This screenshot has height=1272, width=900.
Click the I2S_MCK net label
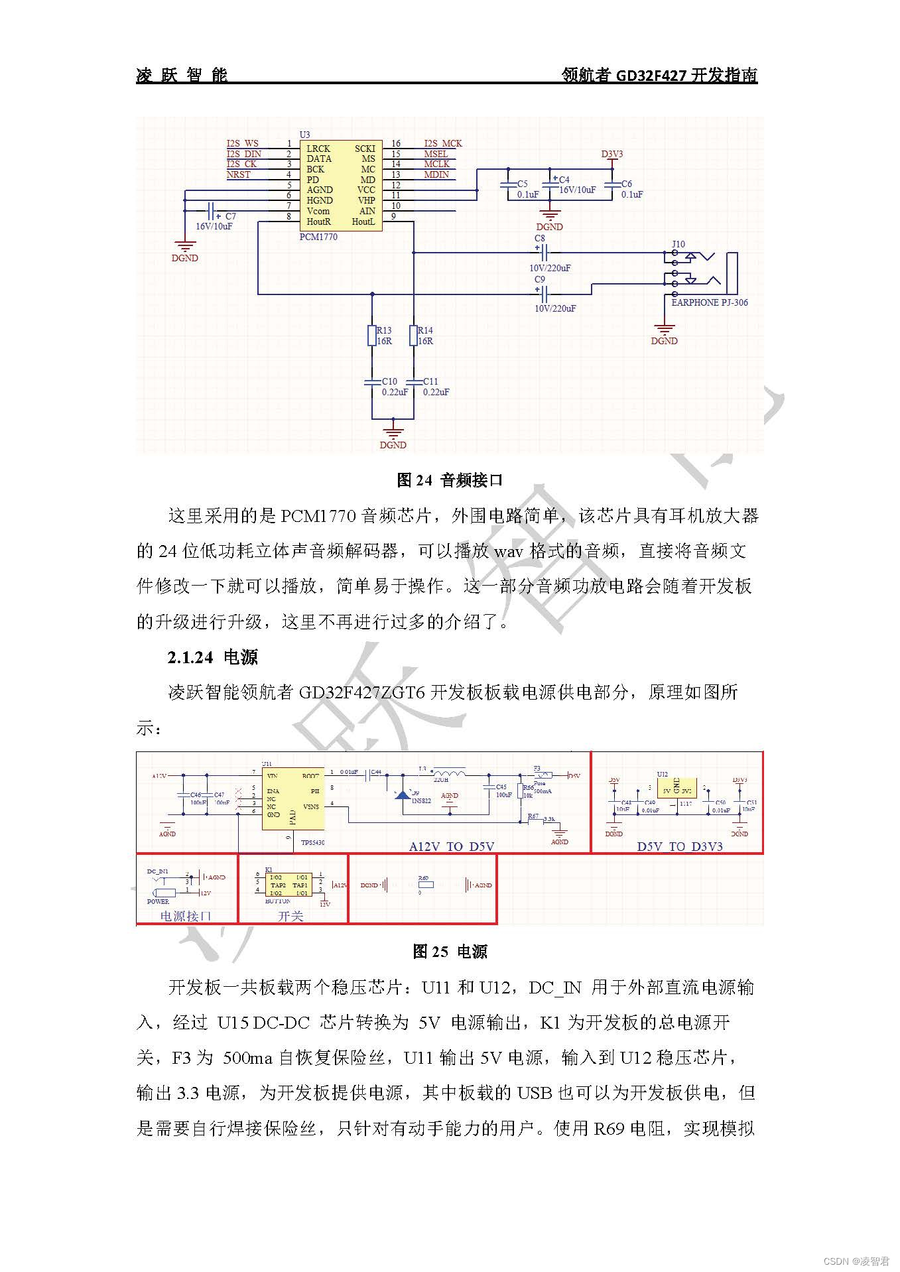click(x=443, y=143)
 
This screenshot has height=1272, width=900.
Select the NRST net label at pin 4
click(x=239, y=174)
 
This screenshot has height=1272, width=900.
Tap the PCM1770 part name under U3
click(x=318, y=237)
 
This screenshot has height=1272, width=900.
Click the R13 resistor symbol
click(x=372, y=336)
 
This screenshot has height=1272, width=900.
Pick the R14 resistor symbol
click(x=413, y=336)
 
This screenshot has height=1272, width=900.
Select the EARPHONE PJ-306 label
click(x=710, y=302)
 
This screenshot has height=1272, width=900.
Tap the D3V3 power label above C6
click(x=611, y=155)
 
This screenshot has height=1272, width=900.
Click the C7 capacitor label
click(x=230, y=216)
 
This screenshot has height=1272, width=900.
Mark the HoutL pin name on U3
click(x=363, y=222)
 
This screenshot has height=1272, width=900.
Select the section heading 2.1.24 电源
click(x=212, y=657)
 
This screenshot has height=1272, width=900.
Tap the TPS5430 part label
click(x=313, y=842)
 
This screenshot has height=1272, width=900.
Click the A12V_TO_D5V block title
click(x=451, y=846)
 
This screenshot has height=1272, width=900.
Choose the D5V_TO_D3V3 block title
click(x=680, y=846)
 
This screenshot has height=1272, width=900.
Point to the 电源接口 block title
click(x=186, y=916)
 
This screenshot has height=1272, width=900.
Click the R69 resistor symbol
click(x=425, y=885)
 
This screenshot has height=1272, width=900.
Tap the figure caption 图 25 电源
click(x=450, y=952)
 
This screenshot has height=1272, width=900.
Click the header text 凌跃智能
click(x=182, y=75)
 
